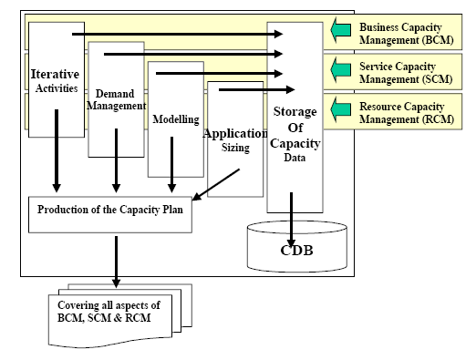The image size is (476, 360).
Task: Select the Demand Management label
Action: click(x=116, y=98)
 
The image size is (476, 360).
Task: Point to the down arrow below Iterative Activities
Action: click(x=57, y=150)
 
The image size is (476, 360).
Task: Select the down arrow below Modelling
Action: click(x=172, y=166)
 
